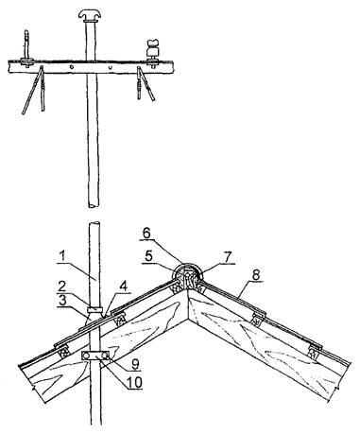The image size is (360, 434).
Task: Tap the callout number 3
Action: click(x=63, y=300)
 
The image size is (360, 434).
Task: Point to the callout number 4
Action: click(x=124, y=286)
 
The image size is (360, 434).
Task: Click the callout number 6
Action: click(x=147, y=234)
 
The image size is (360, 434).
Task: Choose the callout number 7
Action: click(x=228, y=256)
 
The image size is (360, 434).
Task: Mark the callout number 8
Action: click(x=255, y=275)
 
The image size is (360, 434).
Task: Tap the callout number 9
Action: click(x=135, y=364)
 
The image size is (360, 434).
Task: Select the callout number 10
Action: click(x=134, y=382)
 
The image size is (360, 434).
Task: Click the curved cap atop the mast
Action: click(x=91, y=14)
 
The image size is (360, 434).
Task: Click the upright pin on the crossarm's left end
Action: click(x=26, y=44)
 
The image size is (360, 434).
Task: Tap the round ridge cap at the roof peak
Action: click(x=187, y=275)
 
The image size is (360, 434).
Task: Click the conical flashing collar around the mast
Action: click(x=94, y=316)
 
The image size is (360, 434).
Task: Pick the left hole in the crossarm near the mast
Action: click(x=72, y=66)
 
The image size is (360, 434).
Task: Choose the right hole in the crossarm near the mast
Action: click(x=110, y=67)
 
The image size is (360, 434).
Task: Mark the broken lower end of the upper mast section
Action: click(x=94, y=205)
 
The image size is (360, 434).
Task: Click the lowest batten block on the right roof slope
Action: click(x=315, y=353)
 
